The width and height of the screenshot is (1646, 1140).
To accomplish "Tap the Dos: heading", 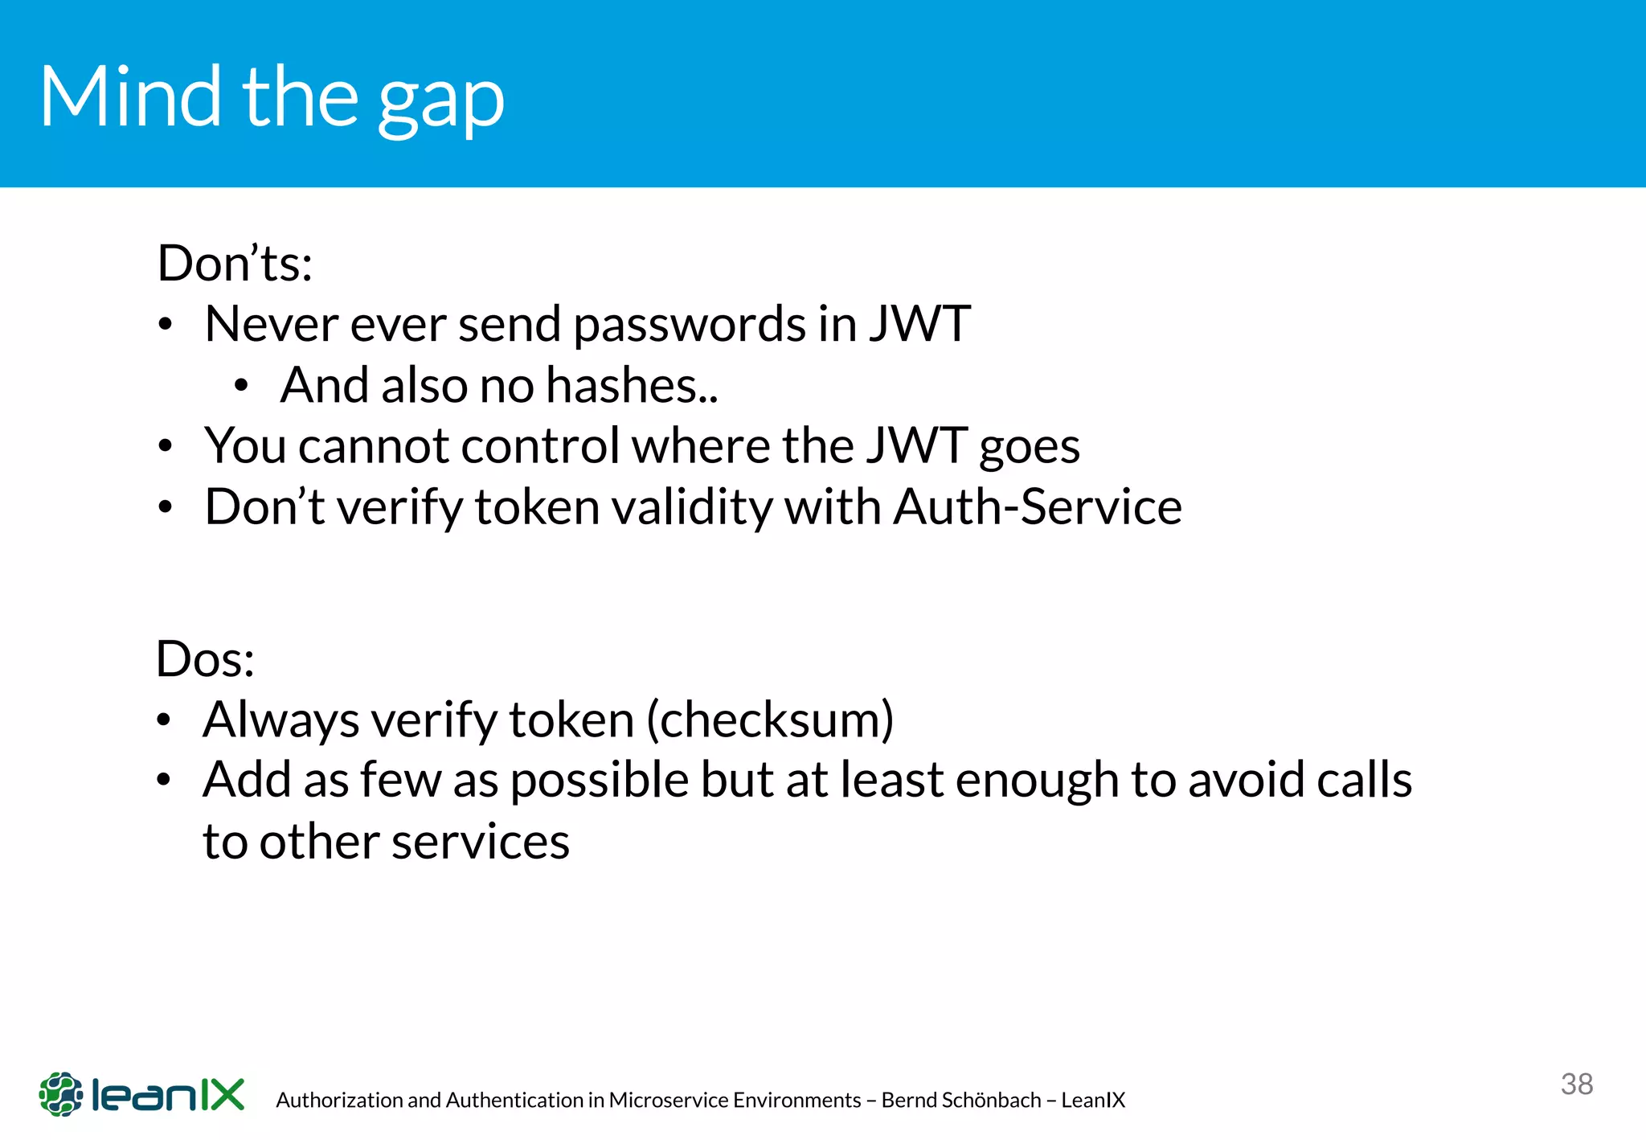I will click(205, 659).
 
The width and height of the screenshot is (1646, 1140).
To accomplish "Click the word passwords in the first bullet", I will click(690, 324).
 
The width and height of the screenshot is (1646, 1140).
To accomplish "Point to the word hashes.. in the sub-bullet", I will click(632, 385).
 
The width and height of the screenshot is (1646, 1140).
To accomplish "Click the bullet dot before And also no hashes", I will click(241, 387).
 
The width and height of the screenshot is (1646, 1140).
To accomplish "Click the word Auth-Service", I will click(1038, 507).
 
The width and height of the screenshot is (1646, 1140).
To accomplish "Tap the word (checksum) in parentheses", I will click(770, 720).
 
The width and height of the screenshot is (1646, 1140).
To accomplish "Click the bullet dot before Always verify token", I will click(164, 720).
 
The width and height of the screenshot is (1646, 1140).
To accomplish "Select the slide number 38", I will click(1577, 1084).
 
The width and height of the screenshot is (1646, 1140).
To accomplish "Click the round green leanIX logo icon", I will click(61, 1094).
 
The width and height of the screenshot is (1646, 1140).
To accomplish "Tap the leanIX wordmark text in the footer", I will click(168, 1095).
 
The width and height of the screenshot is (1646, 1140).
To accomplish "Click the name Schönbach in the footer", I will click(996, 1100).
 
